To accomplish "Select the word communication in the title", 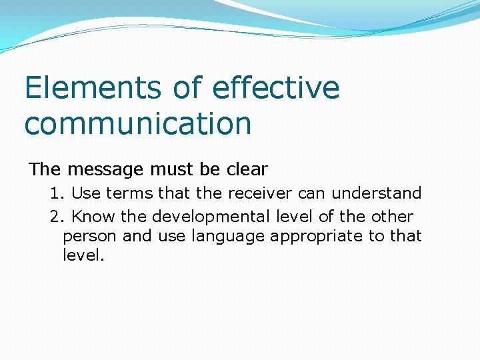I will (x=138, y=123).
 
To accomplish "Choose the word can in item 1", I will (x=312, y=193).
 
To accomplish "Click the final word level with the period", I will (x=83, y=255).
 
